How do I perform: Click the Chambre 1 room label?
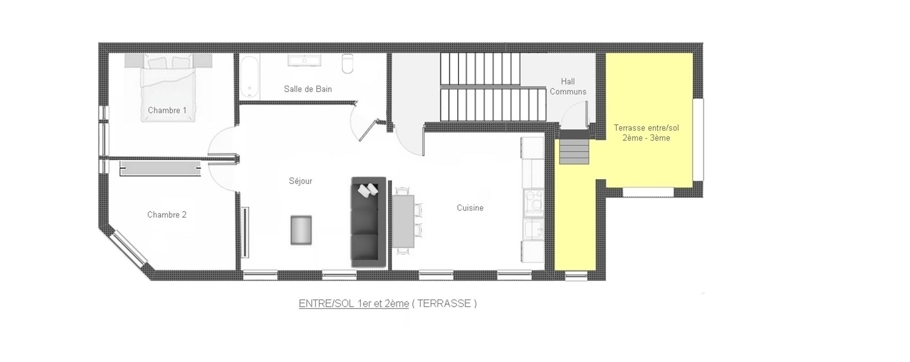tap(167, 110)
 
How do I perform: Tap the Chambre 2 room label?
tap(167, 215)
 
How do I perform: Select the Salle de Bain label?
tap(308, 89)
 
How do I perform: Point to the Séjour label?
tap(300, 181)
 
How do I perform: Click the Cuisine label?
tap(470, 208)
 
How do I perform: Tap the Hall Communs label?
tap(568, 86)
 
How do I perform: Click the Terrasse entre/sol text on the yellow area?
tap(646, 128)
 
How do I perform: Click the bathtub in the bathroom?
tap(249, 76)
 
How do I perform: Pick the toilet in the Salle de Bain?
tap(347, 64)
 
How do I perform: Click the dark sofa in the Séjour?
tap(369, 222)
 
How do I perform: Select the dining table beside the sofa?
tap(403, 221)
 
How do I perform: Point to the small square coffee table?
tap(301, 231)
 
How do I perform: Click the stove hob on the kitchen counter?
tap(534, 202)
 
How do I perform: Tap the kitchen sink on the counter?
tap(534, 230)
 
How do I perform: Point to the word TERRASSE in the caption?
tap(444, 304)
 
